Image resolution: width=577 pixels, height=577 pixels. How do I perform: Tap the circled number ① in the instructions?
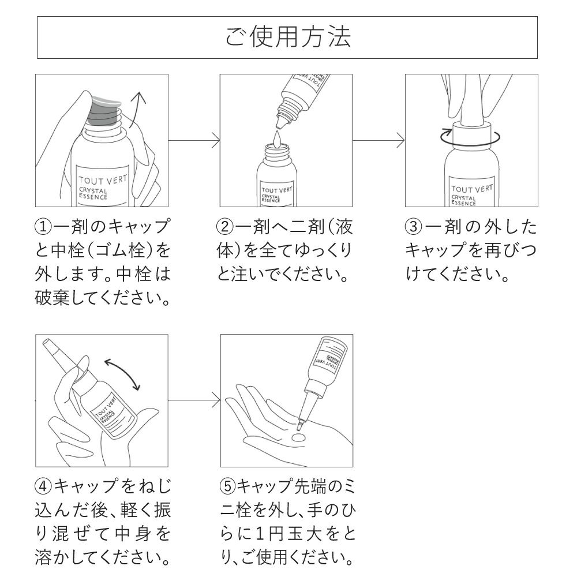44,227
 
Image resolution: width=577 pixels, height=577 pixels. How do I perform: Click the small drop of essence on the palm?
298,440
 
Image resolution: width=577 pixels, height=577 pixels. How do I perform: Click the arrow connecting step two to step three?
379,140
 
